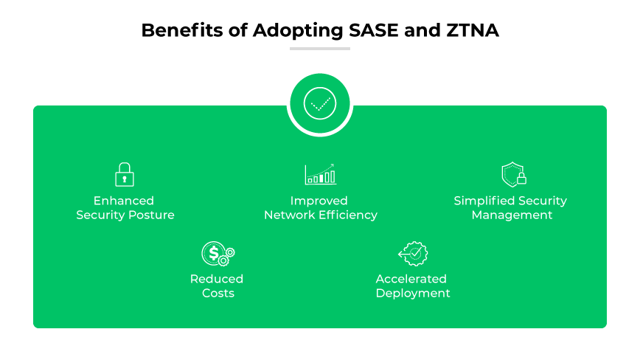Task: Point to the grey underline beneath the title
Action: (x=319, y=49)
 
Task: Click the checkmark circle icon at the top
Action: (x=319, y=103)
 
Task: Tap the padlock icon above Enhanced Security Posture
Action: (x=125, y=174)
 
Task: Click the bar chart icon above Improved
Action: (x=321, y=174)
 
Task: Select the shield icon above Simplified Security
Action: (x=512, y=175)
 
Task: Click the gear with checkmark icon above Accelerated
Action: (x=413, y=253)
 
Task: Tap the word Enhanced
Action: (x=124, y=201)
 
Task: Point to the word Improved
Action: (x=319, y=201)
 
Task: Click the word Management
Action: (x=512, y=215)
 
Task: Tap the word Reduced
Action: (x=217, y=279)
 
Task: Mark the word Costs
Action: (x=218, y=294)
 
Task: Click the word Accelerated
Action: (x=411, y=279)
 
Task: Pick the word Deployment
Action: (x=413, y=294)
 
